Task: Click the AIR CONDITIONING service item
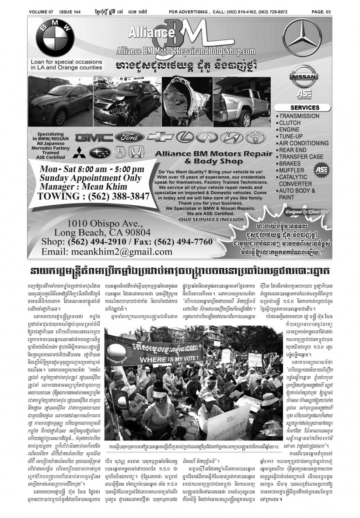pos(307,143)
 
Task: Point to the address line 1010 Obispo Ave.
pos(102,222)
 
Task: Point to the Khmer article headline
pos(180,268)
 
